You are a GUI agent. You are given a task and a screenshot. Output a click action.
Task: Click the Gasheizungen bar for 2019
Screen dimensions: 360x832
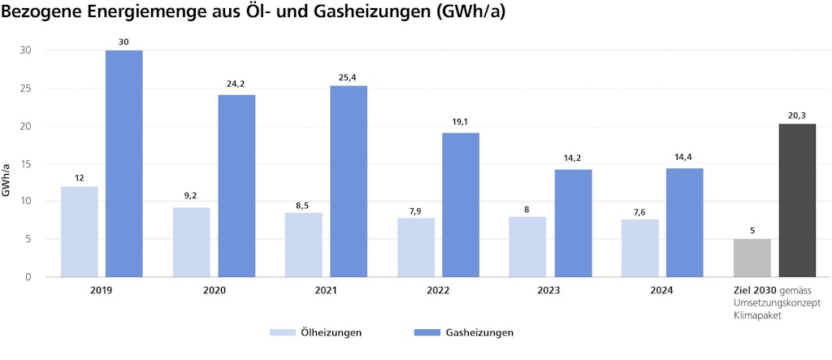(x=123, y=163)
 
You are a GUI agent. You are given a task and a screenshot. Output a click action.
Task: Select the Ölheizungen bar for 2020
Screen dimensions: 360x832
(x=191, y=242)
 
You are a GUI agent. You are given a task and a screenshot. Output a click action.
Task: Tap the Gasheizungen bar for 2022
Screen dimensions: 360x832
(x=461, y=205)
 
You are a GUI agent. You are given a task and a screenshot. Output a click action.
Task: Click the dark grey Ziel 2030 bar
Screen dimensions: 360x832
(x=797, y=200)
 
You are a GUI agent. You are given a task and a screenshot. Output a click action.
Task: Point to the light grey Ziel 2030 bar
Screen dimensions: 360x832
(x=752, y=258)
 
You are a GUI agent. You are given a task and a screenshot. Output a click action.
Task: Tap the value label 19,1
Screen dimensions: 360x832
(x=461, y=122)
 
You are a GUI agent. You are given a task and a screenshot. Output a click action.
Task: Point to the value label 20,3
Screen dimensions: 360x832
(x=797, y=116)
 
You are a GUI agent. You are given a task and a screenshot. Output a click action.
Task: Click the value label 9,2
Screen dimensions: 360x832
(x=191, y=196)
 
